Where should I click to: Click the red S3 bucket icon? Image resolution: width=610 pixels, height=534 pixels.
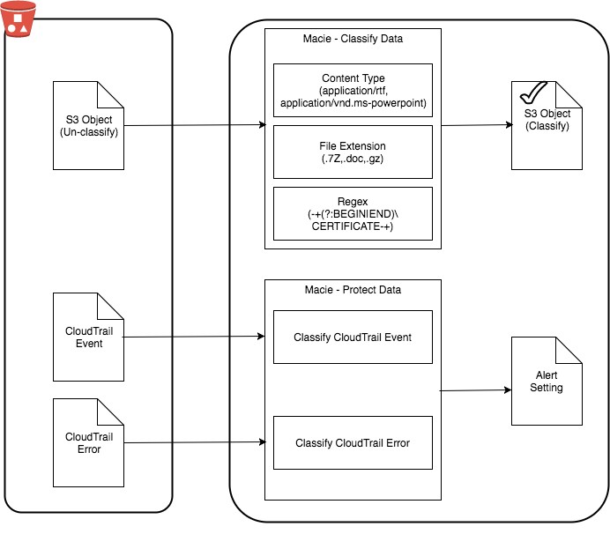point(18,19)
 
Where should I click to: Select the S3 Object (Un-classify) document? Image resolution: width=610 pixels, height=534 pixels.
point(88,125)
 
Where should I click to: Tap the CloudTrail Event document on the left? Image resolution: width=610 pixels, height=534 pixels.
point(88,337)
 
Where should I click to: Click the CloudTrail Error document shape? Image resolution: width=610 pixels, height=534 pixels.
point(88,442)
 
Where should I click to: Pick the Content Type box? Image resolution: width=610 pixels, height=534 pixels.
point(353,90)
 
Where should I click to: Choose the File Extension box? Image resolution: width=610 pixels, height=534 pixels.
point(353,152)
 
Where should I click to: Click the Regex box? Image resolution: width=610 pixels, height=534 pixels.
point(353,213)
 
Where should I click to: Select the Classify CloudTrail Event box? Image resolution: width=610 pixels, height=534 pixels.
point(353,337)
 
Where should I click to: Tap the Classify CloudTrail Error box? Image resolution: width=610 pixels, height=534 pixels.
point(353,442)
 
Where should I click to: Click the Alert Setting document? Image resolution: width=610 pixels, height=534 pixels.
point(547,382)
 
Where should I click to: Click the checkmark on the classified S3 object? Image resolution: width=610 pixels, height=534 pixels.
point(532,93)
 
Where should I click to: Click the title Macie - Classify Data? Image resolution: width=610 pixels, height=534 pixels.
point(353,39)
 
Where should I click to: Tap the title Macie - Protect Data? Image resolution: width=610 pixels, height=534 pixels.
point(353,290)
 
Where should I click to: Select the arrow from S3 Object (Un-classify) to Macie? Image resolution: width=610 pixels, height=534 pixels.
point(195,125)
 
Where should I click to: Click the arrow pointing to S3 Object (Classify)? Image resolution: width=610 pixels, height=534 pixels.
point(477,125)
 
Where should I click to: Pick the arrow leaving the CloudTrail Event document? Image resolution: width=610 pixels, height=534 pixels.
point(194,337)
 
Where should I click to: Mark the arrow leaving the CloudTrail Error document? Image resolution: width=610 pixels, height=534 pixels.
point(195,442)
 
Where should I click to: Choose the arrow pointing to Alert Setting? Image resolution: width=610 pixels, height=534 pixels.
point(475,390)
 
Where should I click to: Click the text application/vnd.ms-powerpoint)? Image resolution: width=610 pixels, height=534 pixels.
point(353,103)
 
